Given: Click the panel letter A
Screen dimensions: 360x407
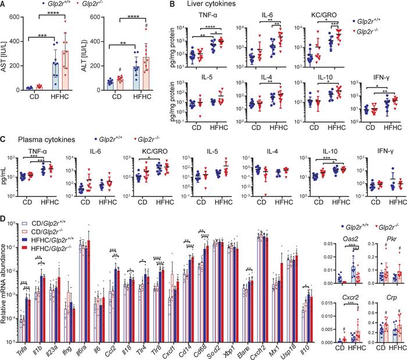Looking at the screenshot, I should point(4,5).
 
